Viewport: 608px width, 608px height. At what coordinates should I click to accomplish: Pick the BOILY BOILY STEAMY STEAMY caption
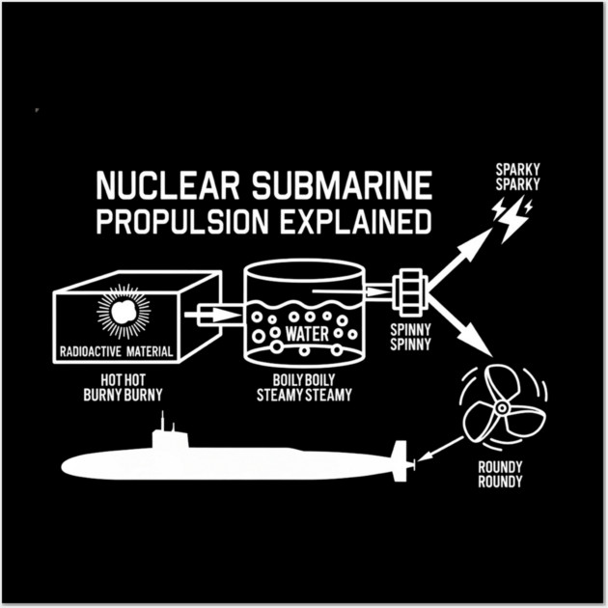click(303, 387)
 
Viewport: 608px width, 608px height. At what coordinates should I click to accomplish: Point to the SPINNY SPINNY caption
click(411, 335)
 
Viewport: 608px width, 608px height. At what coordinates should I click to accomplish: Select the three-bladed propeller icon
click(493, 408)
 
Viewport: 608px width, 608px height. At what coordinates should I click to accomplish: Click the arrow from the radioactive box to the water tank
click(213, 314)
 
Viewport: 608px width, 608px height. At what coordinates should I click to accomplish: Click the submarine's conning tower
click(168, 434)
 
